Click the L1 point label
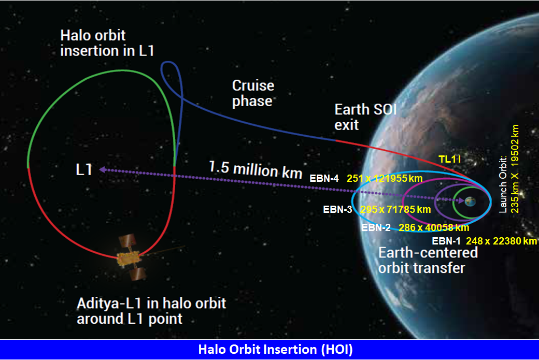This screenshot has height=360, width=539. coord(84,169)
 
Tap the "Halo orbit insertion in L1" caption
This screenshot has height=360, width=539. coord(107,43)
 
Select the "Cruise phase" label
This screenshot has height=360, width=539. coord(253,93)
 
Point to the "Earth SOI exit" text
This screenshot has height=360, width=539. coord(365,117)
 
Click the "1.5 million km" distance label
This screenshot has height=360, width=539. coord(256,170)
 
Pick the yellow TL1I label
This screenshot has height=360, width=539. coord(449,159)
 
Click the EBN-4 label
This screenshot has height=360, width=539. coord(324,178)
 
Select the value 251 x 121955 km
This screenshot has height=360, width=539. coord(385,178)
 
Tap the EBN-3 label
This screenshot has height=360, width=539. coord(337,209)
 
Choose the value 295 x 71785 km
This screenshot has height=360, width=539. coord(395,209)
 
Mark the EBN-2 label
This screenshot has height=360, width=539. coord(376,227)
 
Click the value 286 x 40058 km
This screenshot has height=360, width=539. coord(434,227)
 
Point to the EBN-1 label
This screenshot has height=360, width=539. coord(446,241)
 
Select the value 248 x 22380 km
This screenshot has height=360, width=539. coord(501,241)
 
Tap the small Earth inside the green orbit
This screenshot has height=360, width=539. coord(470,201)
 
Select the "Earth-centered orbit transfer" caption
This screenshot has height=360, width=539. coord(428,260)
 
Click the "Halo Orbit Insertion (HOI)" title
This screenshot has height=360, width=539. coord(275,349)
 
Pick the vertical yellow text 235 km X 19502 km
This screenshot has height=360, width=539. coord(515,169)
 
